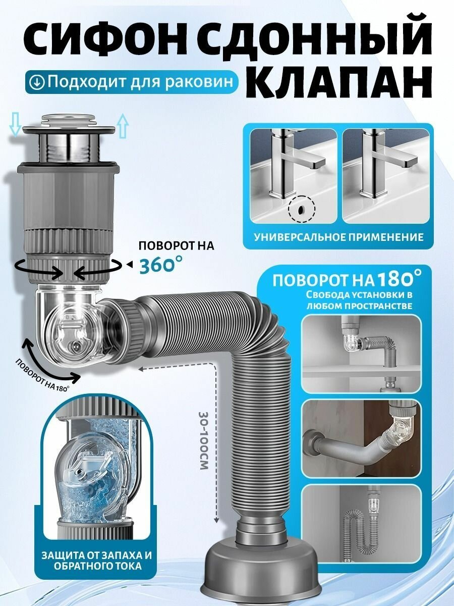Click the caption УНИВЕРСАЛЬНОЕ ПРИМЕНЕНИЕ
pos(338,236)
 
